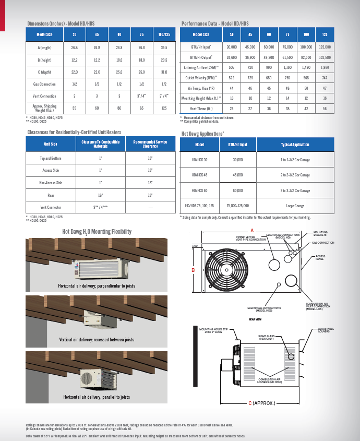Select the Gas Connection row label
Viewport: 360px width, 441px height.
coord(44,84)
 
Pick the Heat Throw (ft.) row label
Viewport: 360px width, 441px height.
coord(201,108)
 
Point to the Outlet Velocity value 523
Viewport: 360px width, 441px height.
coord(232,78)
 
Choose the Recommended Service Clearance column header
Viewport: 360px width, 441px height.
coord(150,144)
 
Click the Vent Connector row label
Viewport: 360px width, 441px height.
coord(51,207)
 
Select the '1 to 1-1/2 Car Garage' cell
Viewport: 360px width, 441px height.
coord(295,160)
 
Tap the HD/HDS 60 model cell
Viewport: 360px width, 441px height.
coord(199,190)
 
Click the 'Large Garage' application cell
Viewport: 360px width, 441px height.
coord(295,206)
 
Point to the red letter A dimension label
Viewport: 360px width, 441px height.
coord(252,230)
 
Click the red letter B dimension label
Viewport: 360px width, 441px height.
coord(193,270)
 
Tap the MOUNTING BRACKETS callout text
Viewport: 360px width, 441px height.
coord(321,233)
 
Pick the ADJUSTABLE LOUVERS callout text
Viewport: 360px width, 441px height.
coord(326,330)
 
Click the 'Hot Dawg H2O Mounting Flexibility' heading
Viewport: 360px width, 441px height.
coord(97,232)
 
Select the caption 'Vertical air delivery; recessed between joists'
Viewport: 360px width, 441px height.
coord(97,340)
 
